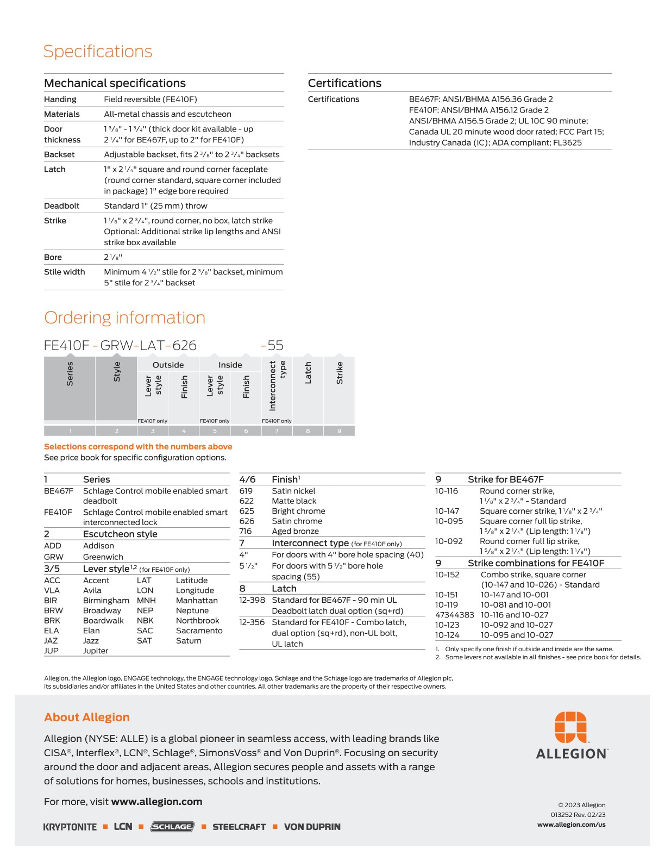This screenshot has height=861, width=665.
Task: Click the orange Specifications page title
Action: (98, 51)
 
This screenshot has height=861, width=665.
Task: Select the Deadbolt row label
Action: (61, 206)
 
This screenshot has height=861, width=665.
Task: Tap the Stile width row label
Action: (64, 272)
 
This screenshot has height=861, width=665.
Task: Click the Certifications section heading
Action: (344, 83)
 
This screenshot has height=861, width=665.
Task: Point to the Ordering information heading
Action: (124, 317)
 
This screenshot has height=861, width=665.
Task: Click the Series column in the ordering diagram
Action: (70, 388)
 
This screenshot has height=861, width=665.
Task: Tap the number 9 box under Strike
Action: (339, 431)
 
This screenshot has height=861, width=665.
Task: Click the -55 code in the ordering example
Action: (272, 346)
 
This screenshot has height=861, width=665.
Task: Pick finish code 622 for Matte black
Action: (246, 501)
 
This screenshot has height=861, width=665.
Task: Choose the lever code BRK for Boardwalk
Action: (52, 621)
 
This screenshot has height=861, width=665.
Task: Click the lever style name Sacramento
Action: (199, 631)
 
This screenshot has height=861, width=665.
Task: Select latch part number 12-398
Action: (252, 600)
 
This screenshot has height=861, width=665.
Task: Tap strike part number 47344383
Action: (454, 615)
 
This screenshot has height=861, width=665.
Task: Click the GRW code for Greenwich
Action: (53, 557)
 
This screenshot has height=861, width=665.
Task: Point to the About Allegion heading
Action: (87, 717)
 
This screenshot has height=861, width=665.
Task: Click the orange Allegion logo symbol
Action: (570, 727)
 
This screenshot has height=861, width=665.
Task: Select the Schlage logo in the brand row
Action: (172, 827)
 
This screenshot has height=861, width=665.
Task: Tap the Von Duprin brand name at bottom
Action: (312, 827)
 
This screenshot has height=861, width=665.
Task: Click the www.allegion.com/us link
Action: (571, 825)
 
